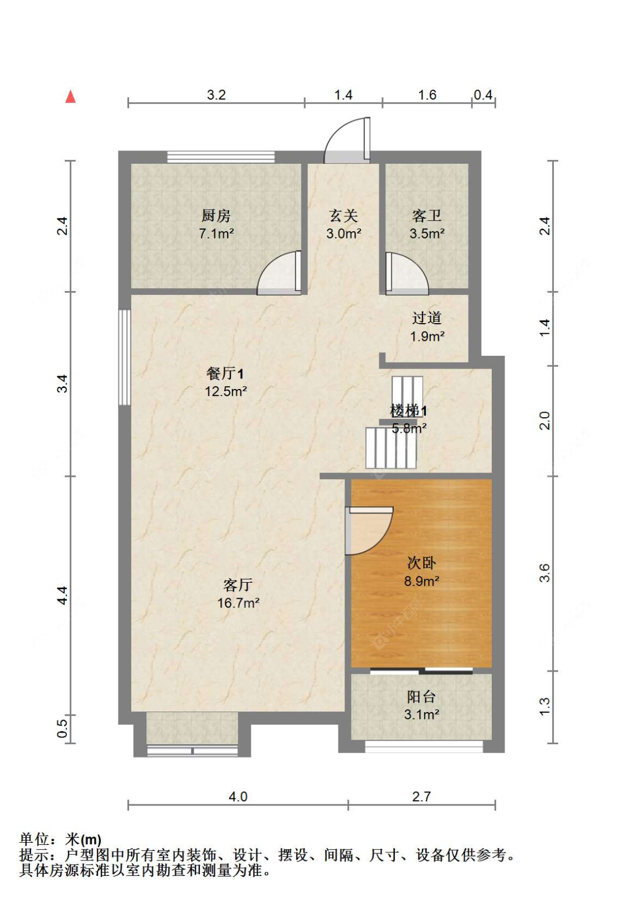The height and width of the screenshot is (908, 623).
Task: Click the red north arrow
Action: click(70, 96)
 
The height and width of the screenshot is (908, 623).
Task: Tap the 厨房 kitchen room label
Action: click(216, 215)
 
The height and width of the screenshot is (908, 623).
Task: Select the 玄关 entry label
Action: click(343, 215)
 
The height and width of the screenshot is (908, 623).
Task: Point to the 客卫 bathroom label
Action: click(427, 215)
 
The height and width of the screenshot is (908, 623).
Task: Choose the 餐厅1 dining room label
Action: click(225, 373)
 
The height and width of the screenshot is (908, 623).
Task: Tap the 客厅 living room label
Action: click(238, 584)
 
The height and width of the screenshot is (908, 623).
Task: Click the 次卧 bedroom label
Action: click(421, 563)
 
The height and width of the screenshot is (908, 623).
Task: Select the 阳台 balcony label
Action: click(421, 697)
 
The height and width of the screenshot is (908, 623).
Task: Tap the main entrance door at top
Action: click(347, 140)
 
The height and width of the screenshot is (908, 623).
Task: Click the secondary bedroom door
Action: click(369, 530)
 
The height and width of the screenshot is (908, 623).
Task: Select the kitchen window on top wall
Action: click(221, 157)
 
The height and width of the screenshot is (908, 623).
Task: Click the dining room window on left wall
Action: click(125, 357)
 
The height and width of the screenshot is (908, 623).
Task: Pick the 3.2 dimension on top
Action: click(216, 95)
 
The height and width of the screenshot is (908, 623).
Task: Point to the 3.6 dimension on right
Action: click(545, 573)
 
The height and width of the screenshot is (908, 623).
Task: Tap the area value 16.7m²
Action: click(238, 603)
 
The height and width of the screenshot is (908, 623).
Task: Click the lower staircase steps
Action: click(391, 448)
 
